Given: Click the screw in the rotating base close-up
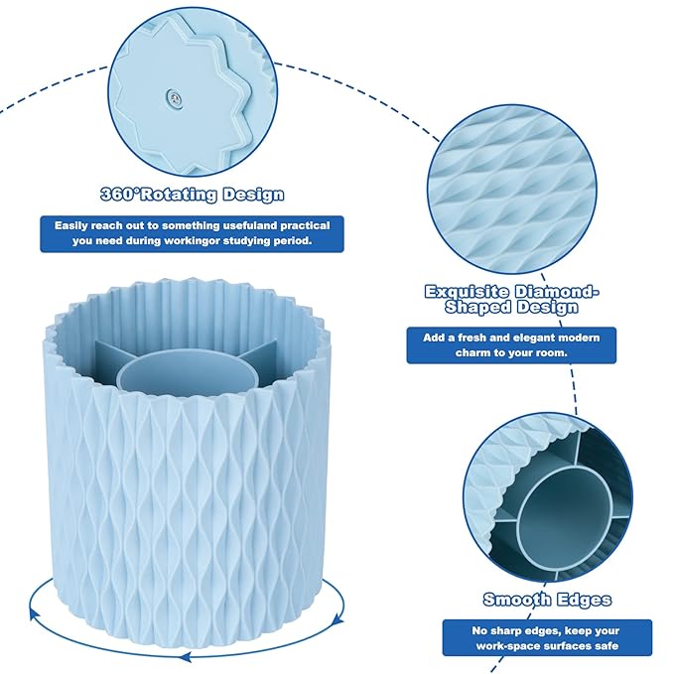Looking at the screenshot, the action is click(x=175, y=99).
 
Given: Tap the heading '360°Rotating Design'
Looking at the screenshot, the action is click(x=193, y=195).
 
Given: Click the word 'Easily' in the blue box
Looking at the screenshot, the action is click(x=70, y=225).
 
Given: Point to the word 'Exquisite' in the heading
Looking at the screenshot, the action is click(x=467, y=292).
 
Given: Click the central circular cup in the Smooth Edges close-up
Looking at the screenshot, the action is click(x=564, y=515).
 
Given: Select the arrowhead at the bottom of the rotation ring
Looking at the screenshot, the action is click(x=186, y=656).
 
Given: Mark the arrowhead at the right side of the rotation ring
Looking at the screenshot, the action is click(x=339, y=619).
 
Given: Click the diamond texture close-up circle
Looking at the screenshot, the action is click(x=512, y=190).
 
